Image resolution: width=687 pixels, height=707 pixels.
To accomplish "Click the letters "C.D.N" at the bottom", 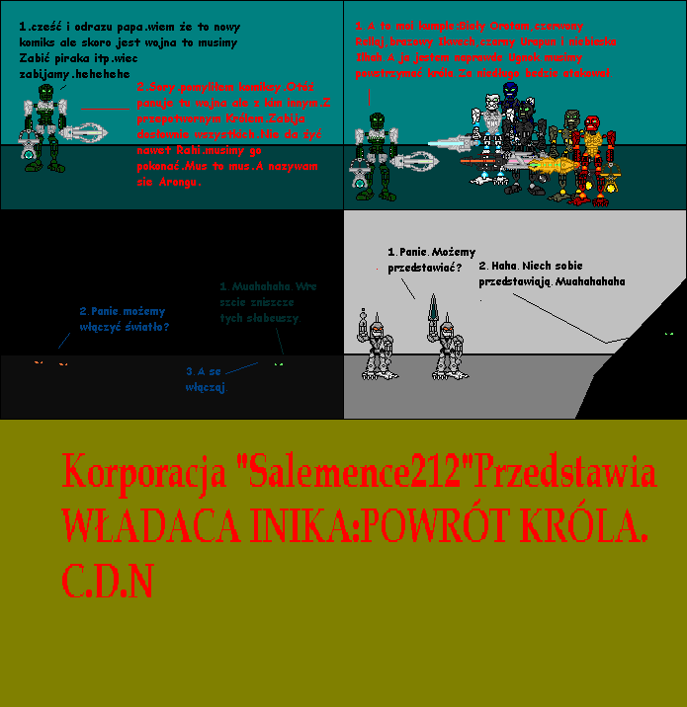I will pos(108,582).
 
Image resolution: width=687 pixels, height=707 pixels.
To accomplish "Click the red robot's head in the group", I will pos(592,126).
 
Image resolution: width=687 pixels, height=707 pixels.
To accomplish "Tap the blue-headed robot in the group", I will pos(510,91).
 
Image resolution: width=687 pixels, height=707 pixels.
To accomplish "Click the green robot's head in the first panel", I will pos(44,95).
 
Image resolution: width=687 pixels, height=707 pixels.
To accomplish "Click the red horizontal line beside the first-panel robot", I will pos(105,108).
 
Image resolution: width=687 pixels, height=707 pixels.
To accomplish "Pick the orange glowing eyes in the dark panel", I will pos(50,364).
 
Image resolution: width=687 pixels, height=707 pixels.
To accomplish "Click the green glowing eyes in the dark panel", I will pos(279,364).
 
